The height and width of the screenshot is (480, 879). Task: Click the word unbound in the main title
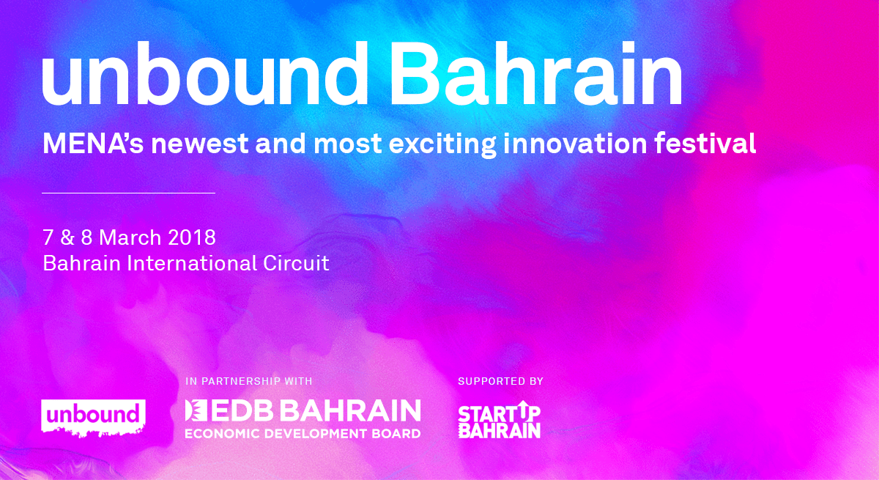coord(204,73)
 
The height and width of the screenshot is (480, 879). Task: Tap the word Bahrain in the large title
coord(535,73)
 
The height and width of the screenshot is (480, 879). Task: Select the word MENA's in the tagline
coord(94,143)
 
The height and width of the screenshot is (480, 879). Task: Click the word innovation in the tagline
coord(575,143)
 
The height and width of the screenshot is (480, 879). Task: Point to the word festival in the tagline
coord(705,143)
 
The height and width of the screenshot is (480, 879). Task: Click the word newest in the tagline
coord(200,144)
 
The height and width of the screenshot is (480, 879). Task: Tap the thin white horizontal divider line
coord(129,193)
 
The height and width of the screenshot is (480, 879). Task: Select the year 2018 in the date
coord(192,237)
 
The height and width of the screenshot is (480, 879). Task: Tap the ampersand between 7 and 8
coord(67,237)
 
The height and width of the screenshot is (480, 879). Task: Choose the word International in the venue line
coord(191,263)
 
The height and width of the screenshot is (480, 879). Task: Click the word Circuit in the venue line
coord(296,263)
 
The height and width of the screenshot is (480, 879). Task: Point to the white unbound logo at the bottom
coord(94,418)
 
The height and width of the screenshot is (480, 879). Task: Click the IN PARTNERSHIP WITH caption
coord(249,381)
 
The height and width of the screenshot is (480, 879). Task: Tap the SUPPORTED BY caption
coord(501,381)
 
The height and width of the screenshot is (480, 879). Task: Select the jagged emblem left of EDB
coord(196,410)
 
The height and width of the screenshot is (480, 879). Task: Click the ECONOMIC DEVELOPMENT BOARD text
coord(303,434)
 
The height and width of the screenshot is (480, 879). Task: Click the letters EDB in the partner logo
coord(243,410)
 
